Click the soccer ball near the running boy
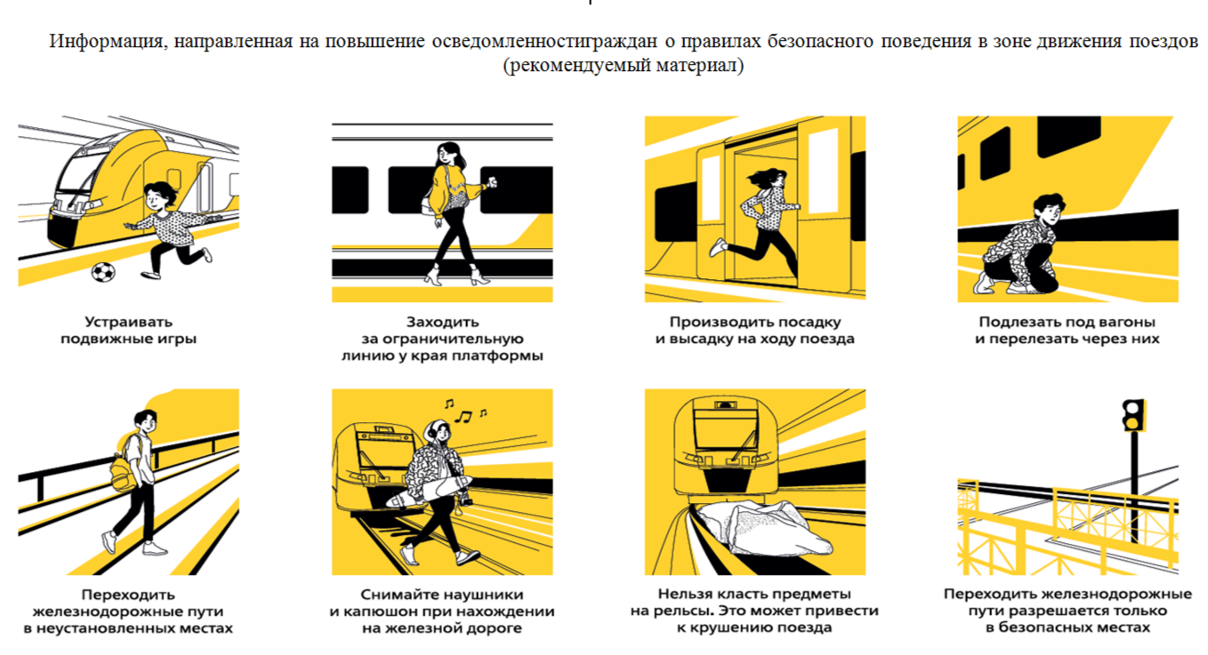tap(103, 272)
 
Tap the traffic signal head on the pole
tap(1133, 415)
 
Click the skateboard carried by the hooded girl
tap(430, 491)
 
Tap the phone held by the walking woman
tap(491, 181)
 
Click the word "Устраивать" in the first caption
tap(128, 322)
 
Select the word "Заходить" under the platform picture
tap(442, 322)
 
